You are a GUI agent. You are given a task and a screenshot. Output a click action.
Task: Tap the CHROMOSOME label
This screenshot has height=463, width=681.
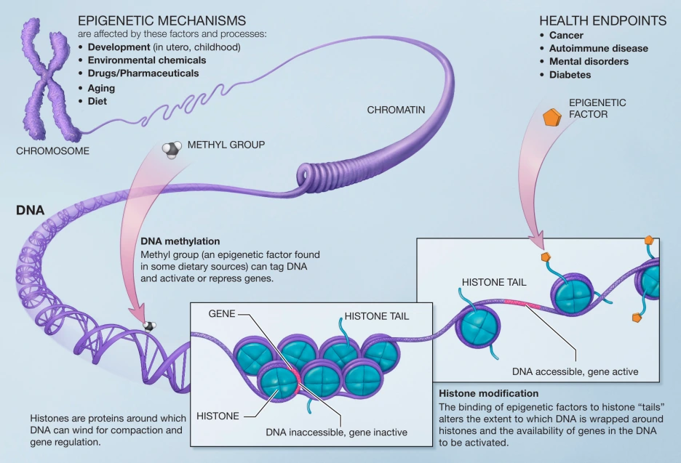[52, 151]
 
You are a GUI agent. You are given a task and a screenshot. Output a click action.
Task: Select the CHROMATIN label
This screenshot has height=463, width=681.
[396, 110]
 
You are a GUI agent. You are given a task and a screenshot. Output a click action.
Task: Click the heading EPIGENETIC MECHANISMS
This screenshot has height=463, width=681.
[162, 20]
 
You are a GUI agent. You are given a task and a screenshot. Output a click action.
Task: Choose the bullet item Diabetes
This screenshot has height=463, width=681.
[570, 75]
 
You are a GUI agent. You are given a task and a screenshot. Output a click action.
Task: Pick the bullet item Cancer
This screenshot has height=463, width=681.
[566, 35]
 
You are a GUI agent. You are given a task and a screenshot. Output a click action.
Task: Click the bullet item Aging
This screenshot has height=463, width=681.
[101, 88]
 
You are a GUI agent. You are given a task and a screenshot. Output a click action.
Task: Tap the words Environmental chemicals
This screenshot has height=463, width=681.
[146, 60]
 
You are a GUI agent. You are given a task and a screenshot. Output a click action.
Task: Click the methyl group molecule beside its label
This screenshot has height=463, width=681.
[171, 150]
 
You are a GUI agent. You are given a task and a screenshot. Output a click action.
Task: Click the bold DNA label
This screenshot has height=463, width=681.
[30, 211]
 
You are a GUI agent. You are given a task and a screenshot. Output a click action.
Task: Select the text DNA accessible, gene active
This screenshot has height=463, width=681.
[575, 371]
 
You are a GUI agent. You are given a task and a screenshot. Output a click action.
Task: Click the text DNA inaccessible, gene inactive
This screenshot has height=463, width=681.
[336, 432]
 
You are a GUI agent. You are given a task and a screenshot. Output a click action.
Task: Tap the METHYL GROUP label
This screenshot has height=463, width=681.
[226, 145]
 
